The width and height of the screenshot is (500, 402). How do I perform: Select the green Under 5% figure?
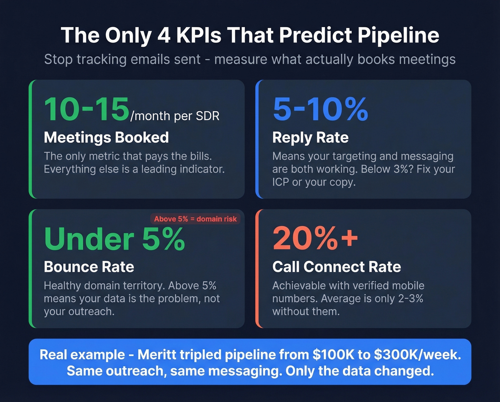(114, 239)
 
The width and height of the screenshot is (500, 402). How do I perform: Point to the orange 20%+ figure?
(315, 238)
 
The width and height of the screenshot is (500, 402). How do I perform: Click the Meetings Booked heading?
(106, 137)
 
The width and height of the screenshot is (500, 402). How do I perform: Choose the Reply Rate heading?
(310, 137)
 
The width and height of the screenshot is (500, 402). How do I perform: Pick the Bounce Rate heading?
(89, 267)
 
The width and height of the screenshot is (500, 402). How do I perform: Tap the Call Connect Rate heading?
(336, 267)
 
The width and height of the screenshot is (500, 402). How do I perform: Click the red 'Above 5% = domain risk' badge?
(195, 219)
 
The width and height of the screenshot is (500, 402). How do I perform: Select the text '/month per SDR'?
(175, 116)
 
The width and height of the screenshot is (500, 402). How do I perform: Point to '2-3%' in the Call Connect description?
(410, 299)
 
